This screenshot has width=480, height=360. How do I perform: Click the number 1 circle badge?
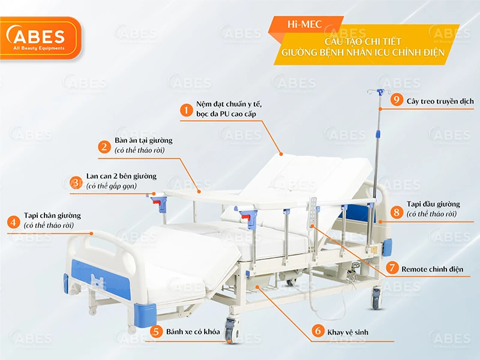(187, 110)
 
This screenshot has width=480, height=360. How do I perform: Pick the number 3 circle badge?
(76, 182)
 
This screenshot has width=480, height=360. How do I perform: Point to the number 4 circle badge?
(13, 221)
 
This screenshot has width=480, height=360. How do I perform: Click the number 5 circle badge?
(156, 331)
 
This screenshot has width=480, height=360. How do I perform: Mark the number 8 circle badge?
(396, 211)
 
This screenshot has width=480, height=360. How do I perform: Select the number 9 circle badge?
(396, 100)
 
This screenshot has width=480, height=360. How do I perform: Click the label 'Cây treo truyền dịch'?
(440, 101)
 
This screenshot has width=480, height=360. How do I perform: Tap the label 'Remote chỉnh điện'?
(432, 269)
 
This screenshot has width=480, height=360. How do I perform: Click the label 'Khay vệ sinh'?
(348, 332)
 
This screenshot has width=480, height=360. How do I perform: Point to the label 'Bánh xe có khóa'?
(193, 332)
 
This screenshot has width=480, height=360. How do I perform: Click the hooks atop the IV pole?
(378, 93)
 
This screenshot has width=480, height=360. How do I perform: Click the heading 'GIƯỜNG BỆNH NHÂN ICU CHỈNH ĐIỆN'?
(364, 52)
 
